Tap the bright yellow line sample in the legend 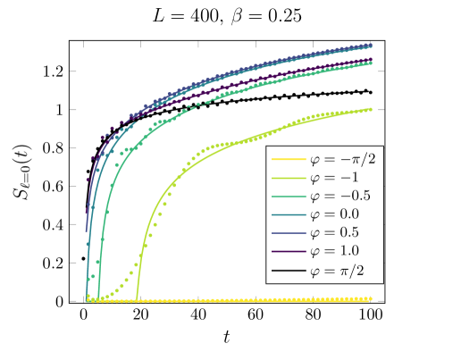tap(287, 160)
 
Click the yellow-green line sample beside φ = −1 tap(287, 178)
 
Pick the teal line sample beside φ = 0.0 tap(287, 214)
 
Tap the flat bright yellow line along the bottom tap(223, 300)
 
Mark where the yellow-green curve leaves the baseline tap(137, 298)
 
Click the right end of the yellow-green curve tap(372, 109)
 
